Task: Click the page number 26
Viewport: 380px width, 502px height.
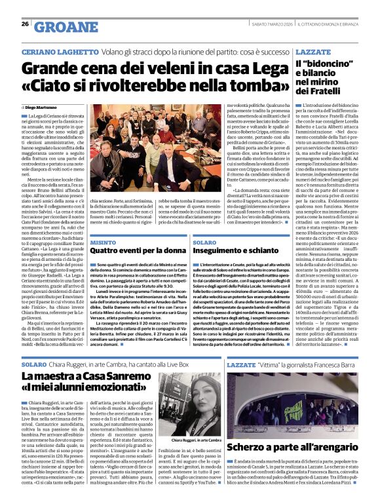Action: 25,24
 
